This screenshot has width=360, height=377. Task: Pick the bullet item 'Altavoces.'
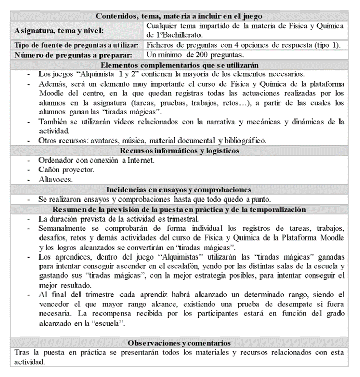point(56,180)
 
